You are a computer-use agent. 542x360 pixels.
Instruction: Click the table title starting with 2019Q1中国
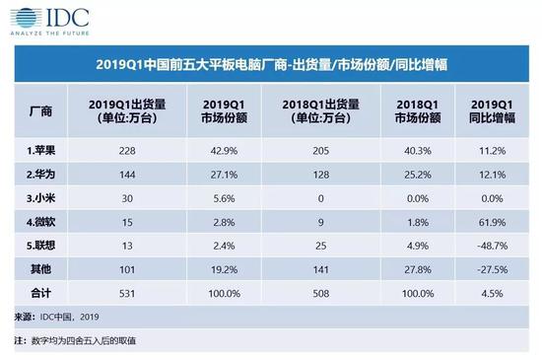click(271, 65)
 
